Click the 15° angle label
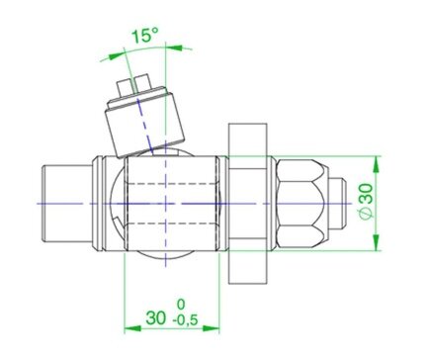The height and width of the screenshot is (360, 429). pyautogui.click(x=145, y=36)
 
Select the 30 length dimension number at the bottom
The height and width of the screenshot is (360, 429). pyautogui.click(x=156, y=318)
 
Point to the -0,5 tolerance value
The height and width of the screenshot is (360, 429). pyautogui.click(x=185, y=319)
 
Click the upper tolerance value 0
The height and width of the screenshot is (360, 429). pyautogui.click(x=181, y=305)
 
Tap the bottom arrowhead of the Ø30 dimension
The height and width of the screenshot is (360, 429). pyautogui.click(x=376, y=242)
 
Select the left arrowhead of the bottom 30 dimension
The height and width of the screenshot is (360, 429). pyautogui.click(x=132, y=328)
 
